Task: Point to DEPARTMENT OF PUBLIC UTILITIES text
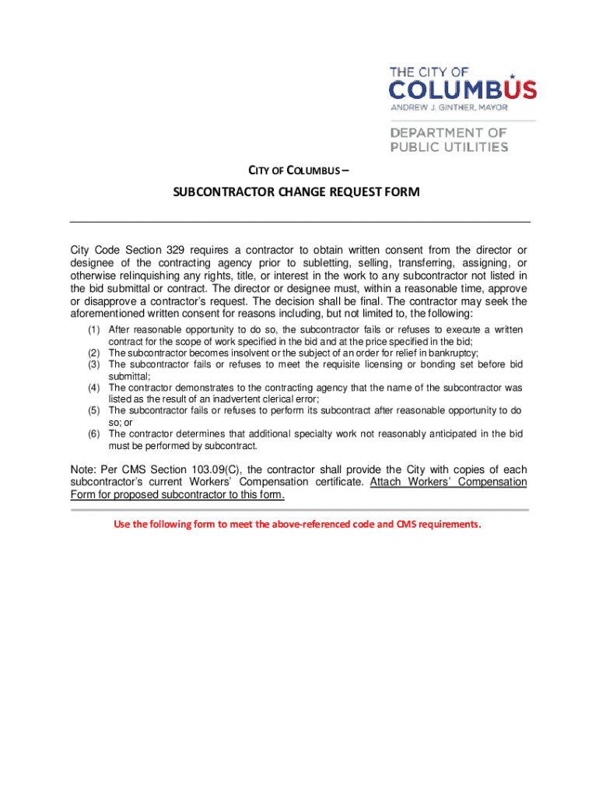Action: pos(449,140)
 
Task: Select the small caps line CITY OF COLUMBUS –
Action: pos(298,171)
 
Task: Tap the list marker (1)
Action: pos(94,330)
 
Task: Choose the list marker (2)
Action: pos(94,353)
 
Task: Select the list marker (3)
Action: pos(94,363)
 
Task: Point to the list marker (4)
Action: pos(94,387)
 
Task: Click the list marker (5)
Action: pos(94,409)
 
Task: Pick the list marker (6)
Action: pos(94,433)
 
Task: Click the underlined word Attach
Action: pos(386,482)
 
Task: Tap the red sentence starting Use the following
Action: pos(298,524)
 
